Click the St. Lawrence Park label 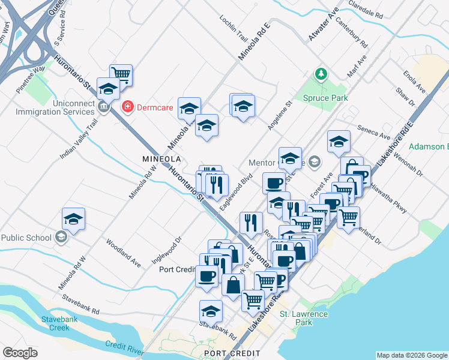[304, 318]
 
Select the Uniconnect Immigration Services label [51, 107]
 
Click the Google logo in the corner [20, 353]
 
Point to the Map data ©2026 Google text [411, 355]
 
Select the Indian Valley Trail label [79, 139]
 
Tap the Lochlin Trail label [234, 26]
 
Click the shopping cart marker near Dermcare [121, 74]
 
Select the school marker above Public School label [73, 219]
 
